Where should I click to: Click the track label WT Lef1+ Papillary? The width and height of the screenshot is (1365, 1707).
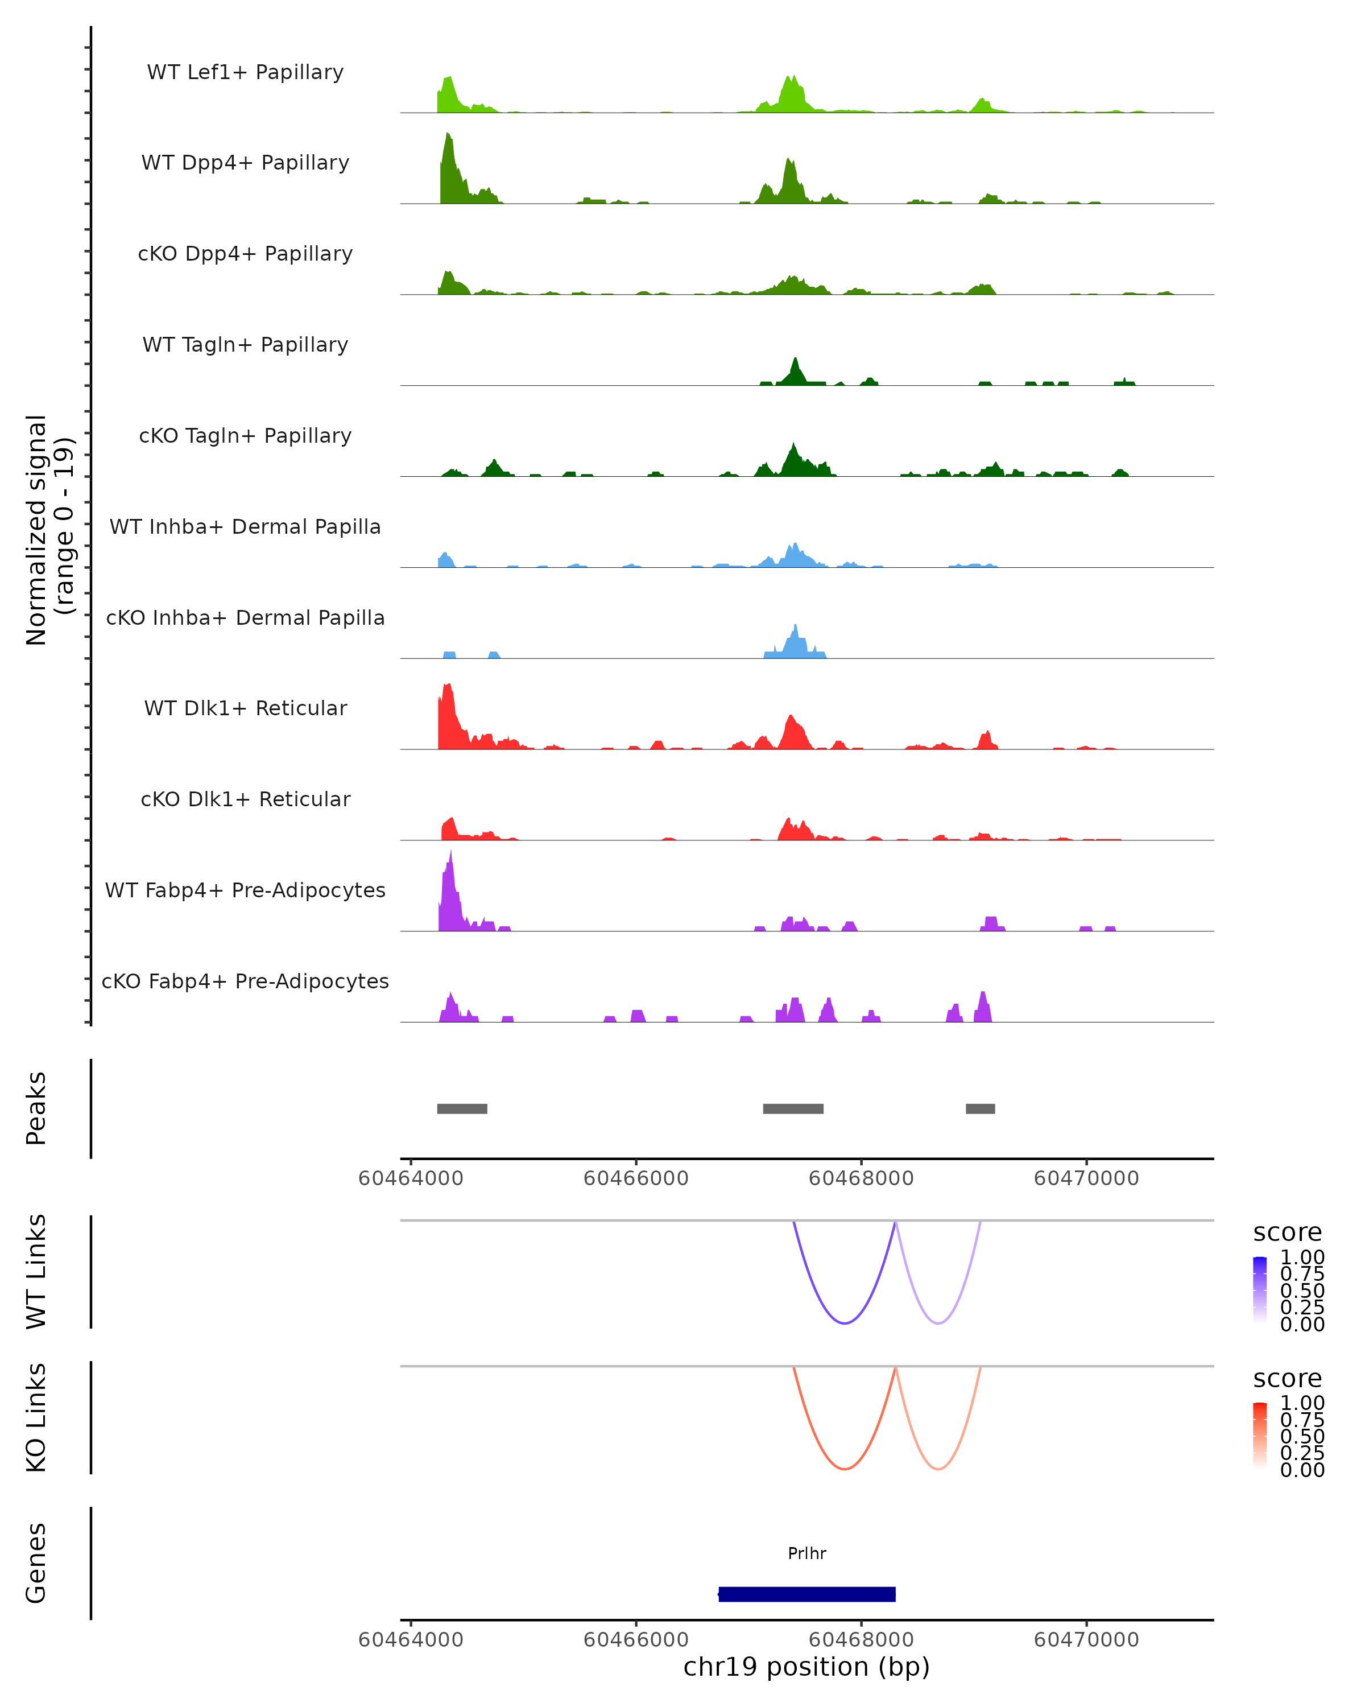(x=245, y=72)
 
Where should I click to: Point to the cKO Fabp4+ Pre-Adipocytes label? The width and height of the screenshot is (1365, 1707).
(x=245, y=981)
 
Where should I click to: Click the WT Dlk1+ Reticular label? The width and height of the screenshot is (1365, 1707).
(x=245, y=708)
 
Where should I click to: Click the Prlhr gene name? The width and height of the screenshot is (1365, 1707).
(x=806, y=1553)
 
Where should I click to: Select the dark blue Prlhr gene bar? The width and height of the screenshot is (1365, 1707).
(x=806, y=1594)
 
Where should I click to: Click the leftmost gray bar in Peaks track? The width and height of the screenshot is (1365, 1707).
(x=462, y=1108)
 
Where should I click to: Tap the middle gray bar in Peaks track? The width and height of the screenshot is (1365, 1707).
(x=793, y=1108)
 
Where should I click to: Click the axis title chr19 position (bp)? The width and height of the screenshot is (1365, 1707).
(x=806, y=1667)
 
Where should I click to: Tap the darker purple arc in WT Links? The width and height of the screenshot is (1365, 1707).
(x=845, y=1323)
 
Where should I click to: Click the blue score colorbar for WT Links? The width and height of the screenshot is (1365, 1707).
(x=1260, y=1290)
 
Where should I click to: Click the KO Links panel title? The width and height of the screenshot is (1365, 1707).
(x=36, y=1417)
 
